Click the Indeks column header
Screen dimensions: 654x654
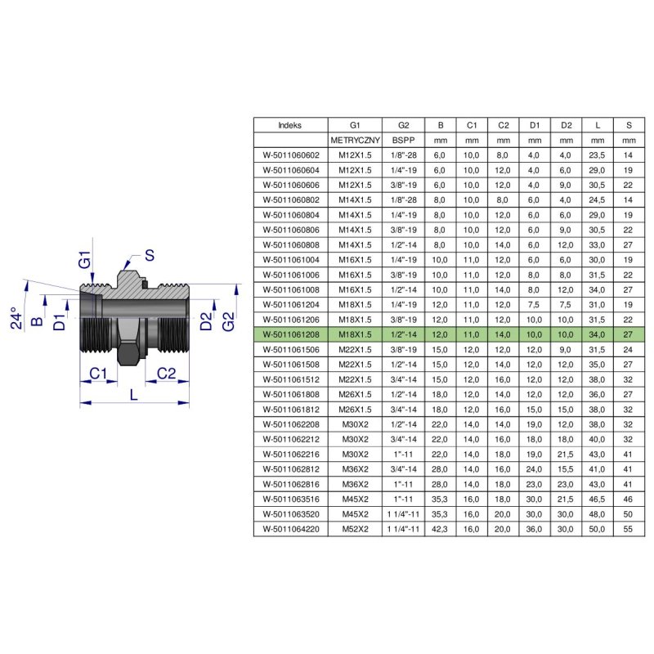click(290, 125)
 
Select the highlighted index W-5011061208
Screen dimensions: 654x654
click(291, 334)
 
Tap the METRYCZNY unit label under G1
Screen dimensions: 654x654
click(355, 140)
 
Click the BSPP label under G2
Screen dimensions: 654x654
click(403, 140)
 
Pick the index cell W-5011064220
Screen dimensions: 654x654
click(291, 529)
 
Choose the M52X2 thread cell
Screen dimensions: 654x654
click(355, 529)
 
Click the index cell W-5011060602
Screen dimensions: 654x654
click(291, 155)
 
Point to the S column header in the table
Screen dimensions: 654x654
click(629, 125)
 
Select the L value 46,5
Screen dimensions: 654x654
click(597, 499)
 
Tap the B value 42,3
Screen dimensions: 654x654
click(440, 529)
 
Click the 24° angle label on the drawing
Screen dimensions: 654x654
click(16, 318)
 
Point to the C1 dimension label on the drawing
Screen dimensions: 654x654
click(98, 374)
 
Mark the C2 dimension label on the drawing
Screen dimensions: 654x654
click(167, 374)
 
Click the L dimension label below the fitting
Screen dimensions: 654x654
click(133, 394)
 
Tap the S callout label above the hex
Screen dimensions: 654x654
click(150, 255)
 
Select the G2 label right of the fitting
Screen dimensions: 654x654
click(228, 321)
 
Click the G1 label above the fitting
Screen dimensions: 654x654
click(85, 259)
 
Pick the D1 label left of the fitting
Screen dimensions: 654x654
click(60, 321)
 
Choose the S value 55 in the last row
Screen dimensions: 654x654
click(628, 529)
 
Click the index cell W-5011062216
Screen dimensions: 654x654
click(291, 455)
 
